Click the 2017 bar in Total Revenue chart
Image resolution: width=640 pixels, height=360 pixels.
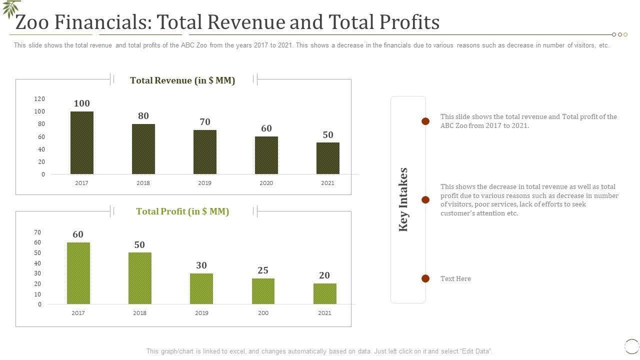(x=81, y=143)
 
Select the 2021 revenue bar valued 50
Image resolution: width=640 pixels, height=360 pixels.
(x=327, y=158)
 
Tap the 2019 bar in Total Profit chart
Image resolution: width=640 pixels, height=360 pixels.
(x=201, y=288)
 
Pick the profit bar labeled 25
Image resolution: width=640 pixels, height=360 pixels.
(x=263, y=291)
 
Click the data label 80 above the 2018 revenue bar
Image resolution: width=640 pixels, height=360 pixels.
(x=143, y=116)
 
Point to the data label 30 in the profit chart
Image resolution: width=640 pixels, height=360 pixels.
(x=201, y=265)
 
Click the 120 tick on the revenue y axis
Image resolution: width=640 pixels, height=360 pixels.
(x=39, y=99)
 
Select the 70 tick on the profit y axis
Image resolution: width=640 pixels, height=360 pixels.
(x=37, y=232)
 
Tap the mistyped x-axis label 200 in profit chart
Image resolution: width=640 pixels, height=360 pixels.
(x=263, y=313)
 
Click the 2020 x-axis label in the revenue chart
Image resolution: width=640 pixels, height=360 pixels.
(x=266, y=183)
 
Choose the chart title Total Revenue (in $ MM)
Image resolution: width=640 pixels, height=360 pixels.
(x=182, y=80)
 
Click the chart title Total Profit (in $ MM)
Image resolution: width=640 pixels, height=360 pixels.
(x=182, y=211)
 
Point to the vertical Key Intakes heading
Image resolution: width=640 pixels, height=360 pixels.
(x=403, y=199)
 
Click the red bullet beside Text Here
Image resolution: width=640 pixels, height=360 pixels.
(x=425, y=278)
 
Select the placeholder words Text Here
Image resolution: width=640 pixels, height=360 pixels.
(x=455, y=279)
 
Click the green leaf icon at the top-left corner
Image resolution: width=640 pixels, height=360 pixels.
(x=11, y=8)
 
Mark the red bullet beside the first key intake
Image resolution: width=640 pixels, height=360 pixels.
(x=425, y=121)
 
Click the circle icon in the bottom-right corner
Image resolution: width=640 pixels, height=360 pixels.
(x=632, y=346)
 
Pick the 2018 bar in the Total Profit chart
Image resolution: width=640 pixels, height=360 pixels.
(x=140, y=278)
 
